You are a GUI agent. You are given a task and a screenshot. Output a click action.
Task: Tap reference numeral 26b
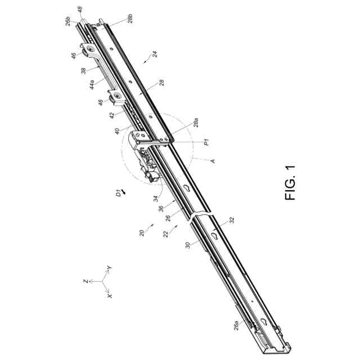click(x=68, y=21)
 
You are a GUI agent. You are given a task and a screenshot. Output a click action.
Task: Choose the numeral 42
click(x=112, y=115)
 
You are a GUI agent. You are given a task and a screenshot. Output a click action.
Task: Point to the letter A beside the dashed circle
click(x=213, y=161)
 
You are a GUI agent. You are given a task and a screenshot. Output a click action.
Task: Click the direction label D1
click(x=119, y=193)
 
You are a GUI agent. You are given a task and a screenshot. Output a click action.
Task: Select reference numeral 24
click(x=154, y=55)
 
